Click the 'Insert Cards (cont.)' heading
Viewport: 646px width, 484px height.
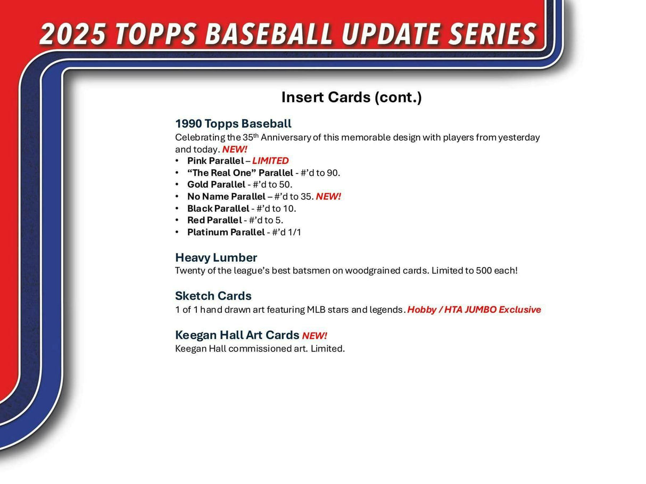351,97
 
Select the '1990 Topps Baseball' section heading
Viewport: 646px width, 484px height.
233,124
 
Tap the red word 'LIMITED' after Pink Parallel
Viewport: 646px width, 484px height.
270,161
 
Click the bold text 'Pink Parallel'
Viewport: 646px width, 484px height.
215,161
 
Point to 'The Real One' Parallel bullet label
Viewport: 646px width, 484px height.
240,173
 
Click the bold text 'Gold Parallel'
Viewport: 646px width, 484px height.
216,185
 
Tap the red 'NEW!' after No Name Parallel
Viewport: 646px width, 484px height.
328,197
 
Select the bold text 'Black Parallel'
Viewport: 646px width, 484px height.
218,208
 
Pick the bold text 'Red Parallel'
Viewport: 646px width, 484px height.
214,220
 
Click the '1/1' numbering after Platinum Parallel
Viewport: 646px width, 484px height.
294,232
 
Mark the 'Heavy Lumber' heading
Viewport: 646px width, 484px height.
216,257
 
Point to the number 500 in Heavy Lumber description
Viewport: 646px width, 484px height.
471,270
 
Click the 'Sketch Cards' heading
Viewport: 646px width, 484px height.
213,296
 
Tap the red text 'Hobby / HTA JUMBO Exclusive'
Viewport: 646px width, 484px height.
474,310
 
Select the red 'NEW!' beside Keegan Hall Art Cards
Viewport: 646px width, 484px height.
314,336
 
